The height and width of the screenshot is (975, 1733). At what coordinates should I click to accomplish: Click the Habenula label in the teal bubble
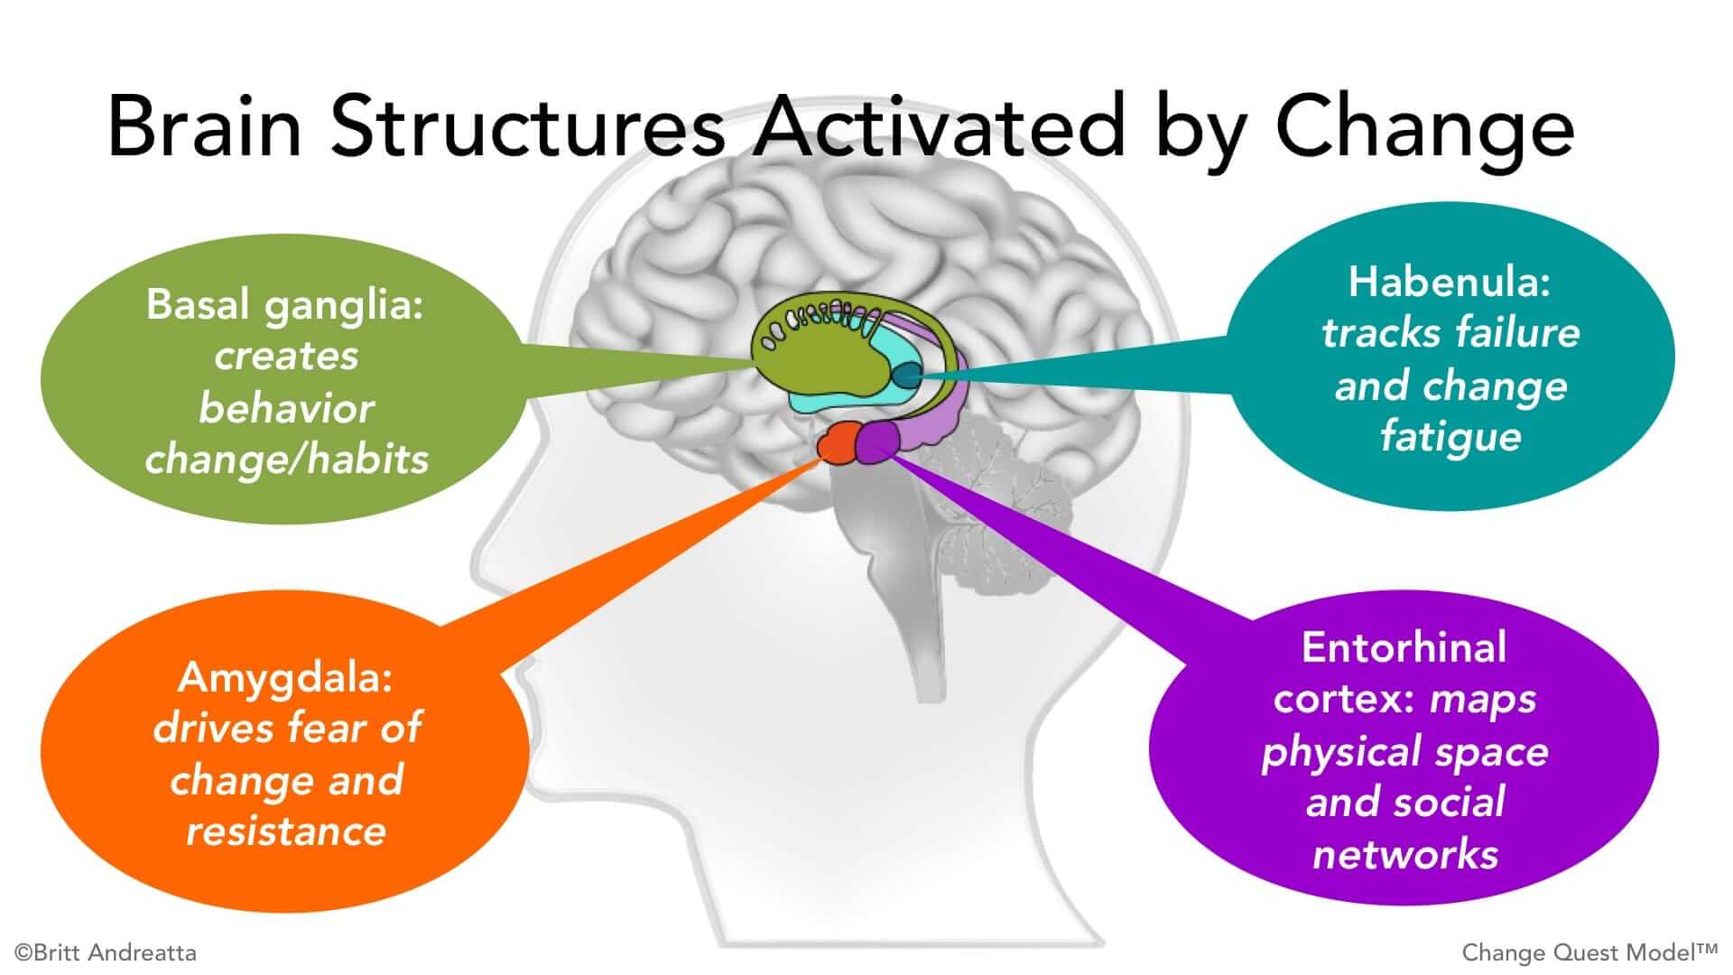[1448, 283]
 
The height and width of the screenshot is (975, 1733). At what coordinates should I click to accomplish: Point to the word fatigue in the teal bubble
[1450, 438]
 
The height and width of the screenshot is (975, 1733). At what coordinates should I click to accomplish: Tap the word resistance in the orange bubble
[286, 831]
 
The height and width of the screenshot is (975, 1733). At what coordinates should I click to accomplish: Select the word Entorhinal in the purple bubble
[1404, 648]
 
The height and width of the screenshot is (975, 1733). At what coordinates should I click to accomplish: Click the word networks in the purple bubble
[1404, 854]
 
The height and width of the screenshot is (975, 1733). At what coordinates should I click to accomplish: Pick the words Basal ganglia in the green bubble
[285, 305]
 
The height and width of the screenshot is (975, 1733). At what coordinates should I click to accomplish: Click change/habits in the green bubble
[286, 460]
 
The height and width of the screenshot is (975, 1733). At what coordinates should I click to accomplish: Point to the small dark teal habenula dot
[907, 376]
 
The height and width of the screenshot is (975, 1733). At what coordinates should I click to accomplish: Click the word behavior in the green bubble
[286, 409]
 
